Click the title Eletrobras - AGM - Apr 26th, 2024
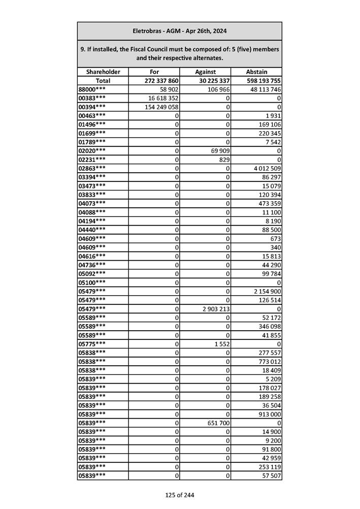pos(179,31)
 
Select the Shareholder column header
pos(103,72)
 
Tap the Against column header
pos(205,72)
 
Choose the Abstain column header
pos(256,72)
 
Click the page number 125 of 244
pos(179,495)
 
